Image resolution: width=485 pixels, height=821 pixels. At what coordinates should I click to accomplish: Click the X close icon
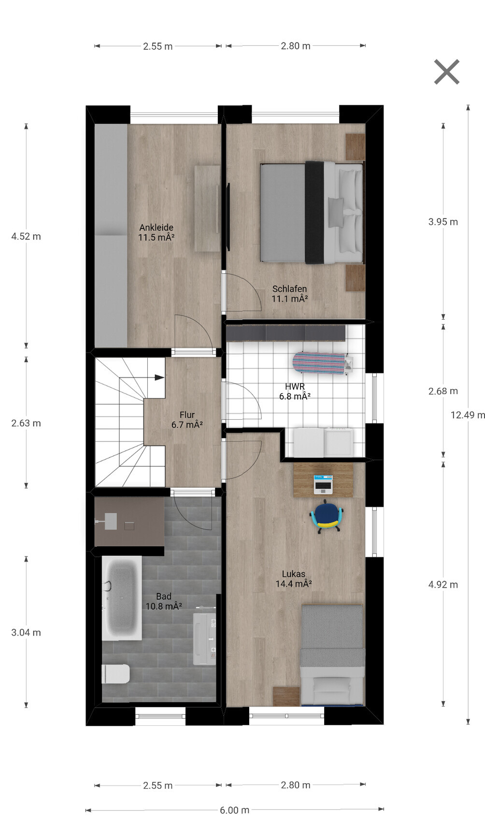tap(446, 72)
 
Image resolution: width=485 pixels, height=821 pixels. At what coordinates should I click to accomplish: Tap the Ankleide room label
tap(156, 232)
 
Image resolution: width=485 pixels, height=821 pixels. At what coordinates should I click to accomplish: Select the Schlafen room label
tap(290, 294)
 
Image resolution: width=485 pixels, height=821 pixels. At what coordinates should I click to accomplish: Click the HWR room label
tap(295, 392)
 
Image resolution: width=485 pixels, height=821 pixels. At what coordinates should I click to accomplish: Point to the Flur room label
tap(187, 420)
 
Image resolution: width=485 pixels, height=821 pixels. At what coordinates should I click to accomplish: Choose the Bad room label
tap(163, 601)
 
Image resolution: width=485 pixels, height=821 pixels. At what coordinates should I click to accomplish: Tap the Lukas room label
tap(294, 579)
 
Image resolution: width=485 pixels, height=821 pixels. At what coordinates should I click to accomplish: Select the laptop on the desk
tap(323, 484)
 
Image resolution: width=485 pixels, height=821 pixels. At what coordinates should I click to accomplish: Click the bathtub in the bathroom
tap(122, 598)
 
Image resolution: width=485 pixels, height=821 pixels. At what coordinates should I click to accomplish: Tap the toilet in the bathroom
tap(116, 674)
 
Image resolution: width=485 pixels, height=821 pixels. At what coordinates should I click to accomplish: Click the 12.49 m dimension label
tap(468, 415)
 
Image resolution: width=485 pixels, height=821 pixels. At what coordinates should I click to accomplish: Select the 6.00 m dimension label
tap(235, 810)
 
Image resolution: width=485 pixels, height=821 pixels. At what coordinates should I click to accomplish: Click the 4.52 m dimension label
tap(26, 237)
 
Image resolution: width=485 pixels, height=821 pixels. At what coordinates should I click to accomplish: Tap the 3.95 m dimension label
tap(443, 222)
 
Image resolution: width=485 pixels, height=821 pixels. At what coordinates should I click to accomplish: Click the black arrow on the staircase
tap(159, 377)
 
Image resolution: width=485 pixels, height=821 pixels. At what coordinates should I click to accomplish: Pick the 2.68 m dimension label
tap(443, 391)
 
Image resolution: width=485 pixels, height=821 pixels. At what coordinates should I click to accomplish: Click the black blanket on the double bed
tap(314, 212)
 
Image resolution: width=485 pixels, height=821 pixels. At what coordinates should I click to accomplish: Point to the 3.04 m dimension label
tap(26, 632)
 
